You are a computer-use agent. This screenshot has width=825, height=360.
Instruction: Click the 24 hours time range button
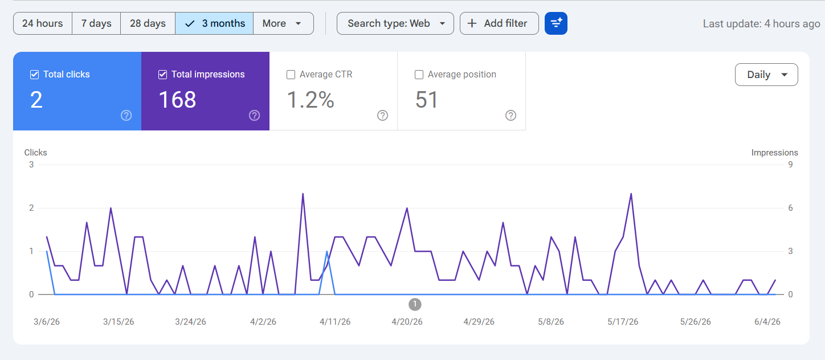(43, 23)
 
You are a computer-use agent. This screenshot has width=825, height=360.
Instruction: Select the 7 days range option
(96, 23)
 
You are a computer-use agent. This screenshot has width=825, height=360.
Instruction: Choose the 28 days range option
(148, 23)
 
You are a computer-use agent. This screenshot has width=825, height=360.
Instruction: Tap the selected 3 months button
(214, 23)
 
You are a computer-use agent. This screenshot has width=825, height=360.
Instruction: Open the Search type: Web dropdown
(395, 23)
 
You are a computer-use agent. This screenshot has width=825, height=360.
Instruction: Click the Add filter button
(499, 23)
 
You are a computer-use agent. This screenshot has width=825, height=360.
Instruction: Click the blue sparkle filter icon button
(556, 23)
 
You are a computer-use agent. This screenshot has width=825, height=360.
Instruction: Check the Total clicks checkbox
(34, 75)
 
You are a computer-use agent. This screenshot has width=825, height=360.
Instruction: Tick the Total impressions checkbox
(162, 75)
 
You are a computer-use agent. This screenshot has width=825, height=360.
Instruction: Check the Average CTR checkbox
(291, 75)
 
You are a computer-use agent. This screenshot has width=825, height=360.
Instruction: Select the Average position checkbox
(419, 75)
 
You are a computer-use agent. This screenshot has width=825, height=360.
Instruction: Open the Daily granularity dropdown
(766, 75)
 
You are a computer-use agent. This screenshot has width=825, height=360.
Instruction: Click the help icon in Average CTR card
(382, 116)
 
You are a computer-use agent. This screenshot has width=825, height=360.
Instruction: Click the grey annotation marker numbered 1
(415, 304)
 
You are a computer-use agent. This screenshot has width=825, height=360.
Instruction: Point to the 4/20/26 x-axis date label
(407, 322)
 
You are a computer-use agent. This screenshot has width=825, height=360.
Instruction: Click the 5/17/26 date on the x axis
(623, 322)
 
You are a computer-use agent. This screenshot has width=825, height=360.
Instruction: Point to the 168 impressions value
(177, 100)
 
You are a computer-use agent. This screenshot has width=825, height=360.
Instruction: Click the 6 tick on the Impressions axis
(790, 208)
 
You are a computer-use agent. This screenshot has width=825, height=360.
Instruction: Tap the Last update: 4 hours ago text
(761, 24)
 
